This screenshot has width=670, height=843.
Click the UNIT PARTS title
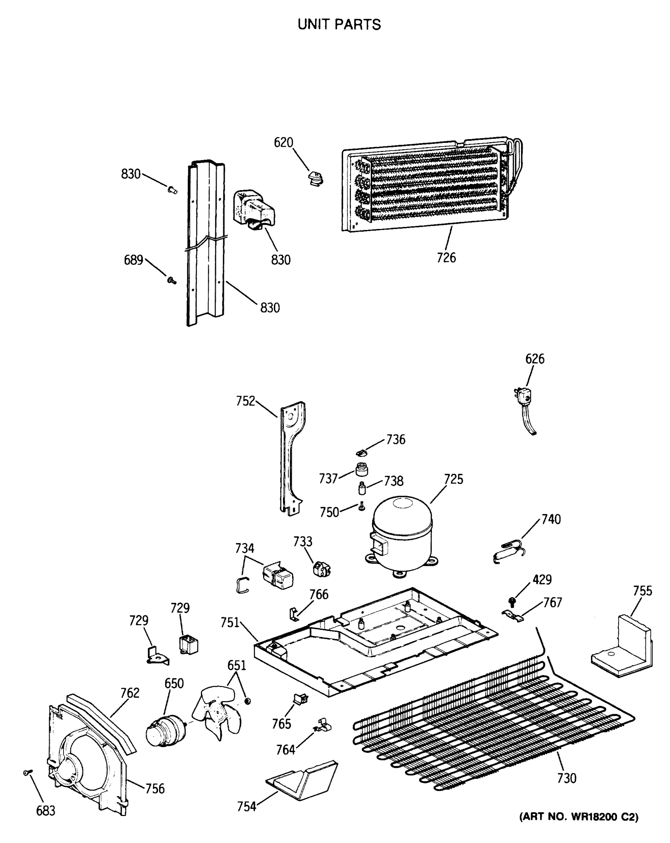coord(339,25)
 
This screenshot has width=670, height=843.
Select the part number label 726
coord(446,258)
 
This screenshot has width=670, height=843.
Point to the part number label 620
coord(283,143)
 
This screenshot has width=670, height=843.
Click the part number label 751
coord(229,623)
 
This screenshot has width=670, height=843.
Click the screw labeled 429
coord(512,601)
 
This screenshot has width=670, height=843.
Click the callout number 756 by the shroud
coord(155,789)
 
